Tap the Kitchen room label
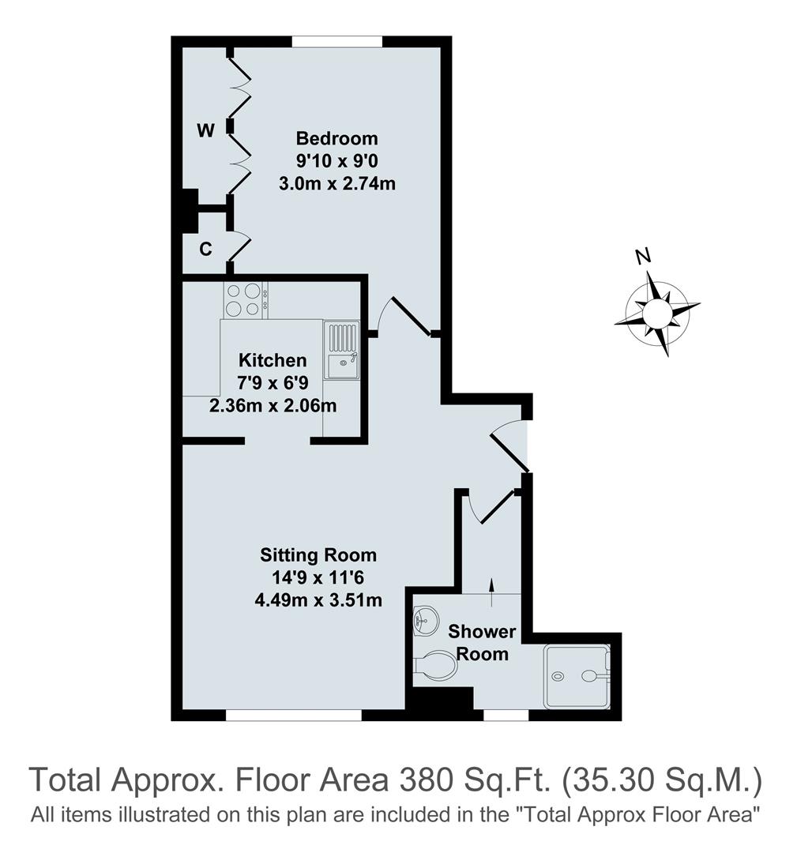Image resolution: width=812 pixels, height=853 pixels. point(273,361)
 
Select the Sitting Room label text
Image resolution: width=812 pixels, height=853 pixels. point(320,554)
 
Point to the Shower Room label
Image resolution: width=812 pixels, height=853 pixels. point(481,643)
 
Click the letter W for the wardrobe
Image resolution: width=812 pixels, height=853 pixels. point(205,131)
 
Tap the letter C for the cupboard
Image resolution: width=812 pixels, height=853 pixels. point(205,250)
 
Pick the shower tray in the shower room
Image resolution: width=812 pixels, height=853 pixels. point(577,676)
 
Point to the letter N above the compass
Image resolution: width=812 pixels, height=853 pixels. point(644,256)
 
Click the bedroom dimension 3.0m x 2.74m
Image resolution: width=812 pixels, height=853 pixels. point(336,184)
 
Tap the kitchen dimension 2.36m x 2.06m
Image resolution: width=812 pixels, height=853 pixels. point(273,407)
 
